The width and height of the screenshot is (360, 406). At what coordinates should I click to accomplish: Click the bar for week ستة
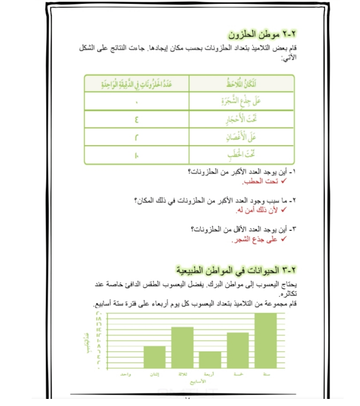coord(265,341)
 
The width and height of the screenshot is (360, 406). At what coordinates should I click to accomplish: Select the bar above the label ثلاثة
coord(182,347)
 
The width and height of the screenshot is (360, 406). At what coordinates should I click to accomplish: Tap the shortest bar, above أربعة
coord(210,359)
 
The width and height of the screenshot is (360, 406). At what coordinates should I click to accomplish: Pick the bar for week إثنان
coord(154,356)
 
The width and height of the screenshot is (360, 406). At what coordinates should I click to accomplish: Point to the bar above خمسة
coord(238,350)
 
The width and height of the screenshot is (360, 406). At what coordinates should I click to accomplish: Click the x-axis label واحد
coord(127,374)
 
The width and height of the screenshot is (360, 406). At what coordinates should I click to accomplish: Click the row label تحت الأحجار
coord(241,119)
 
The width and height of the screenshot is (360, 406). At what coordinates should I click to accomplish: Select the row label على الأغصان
coord(241,137)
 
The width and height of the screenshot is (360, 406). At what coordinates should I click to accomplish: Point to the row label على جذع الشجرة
coord(241,101)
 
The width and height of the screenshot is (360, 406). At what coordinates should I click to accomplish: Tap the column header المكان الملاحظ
coord(241,83)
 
